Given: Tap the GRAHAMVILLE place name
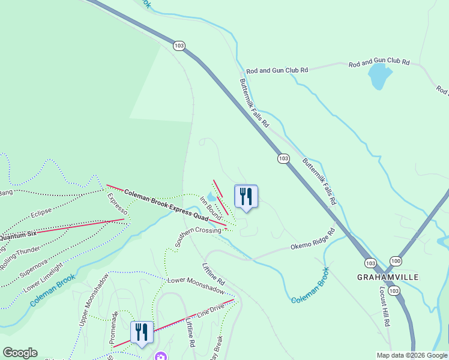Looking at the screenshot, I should tap(388, 277).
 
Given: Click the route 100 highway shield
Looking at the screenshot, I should tap(396, 261).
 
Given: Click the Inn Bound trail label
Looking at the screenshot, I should tap(211, 206).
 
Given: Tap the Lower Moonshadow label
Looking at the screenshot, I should tap(196, 285).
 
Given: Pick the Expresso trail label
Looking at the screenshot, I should tap(118, 204).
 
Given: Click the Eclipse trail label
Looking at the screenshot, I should tap(41, 212).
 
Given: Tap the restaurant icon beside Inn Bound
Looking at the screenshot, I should tap(246, 197).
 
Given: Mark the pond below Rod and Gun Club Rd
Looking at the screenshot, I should tap(379, 76).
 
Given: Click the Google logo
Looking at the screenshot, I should tap(20, 353).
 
